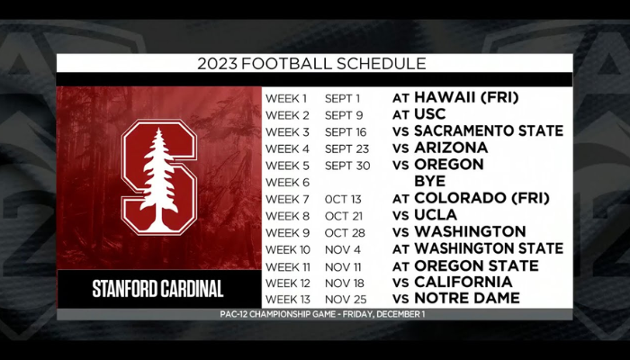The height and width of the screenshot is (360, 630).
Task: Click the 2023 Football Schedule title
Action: pos(311,64)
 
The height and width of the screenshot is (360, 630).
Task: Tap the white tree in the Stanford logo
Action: pos(159,180)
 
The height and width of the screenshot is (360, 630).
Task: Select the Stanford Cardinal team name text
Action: pos(157,289)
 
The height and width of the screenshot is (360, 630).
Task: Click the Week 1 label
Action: pos(286,98)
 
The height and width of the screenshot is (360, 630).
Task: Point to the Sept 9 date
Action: pos(344,115)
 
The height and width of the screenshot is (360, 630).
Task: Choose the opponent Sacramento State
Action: pos(489,131)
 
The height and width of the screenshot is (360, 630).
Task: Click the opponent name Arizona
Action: pos(451,148)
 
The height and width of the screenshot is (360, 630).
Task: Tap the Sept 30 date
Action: pos(347,166)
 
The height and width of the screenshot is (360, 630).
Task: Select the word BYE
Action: pos(430,181)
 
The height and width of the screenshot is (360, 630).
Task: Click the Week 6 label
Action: pos(288,183)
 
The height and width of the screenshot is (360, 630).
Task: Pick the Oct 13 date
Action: pos(343,199)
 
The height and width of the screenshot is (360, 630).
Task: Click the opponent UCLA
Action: pos(436,215)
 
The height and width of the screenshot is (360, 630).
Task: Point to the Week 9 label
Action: pos(288,232)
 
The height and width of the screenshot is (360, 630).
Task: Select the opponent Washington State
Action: pos(489,248)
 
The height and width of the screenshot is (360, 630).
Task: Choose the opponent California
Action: pos(463,282)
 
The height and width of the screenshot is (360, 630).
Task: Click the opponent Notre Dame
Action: pos(467,298)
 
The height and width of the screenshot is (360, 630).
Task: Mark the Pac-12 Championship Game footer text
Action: pos(322,314)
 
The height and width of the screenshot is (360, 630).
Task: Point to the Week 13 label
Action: pos(288,300)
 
